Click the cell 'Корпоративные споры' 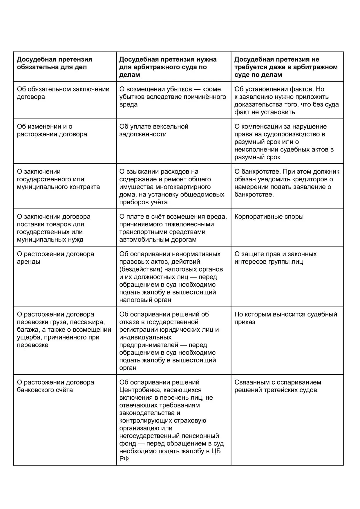tap(269, 217)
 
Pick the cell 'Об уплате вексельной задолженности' tap(154, 130)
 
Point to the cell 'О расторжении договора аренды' tap(55, 258)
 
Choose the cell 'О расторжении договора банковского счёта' tap(55, 386)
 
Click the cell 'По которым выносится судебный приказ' tap(285, 318)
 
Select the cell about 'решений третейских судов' tap(278, 386)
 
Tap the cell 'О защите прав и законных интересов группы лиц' tap(275, 258)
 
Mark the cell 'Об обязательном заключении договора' tap(63, 93)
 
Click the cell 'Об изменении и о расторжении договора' tap(52, 130)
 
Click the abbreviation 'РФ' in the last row tap(124, 459)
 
